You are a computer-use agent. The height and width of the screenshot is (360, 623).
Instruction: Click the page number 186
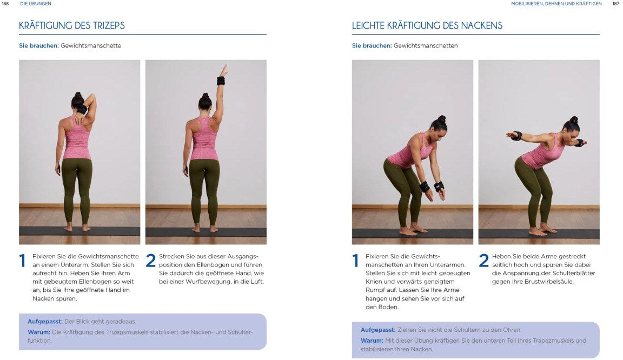(x=5, y=4)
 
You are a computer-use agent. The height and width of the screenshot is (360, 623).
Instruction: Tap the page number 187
(x=616, y=4)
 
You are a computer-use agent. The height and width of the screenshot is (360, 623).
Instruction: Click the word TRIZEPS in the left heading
(x=109, y=26)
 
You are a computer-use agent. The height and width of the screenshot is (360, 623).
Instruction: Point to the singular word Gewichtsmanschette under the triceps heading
(x=91, y=46)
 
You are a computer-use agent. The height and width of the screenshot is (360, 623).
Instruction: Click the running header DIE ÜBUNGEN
(x=35, y=4)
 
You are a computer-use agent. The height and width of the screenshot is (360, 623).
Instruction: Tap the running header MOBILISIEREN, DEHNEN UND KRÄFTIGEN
(x=556, y=4)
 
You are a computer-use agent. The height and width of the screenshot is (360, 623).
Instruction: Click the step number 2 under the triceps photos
(x=150, y=261)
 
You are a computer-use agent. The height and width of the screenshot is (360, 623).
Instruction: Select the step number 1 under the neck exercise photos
(x=356, y=261)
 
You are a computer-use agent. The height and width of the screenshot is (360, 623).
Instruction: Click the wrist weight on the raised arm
(x=221, y=81)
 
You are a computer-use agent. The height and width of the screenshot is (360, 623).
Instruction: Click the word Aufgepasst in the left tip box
(x=45, y=322)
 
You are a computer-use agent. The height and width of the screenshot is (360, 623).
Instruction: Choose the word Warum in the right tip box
(x=372, y=341)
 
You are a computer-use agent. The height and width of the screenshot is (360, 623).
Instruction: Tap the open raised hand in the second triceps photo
(x=224, y=70)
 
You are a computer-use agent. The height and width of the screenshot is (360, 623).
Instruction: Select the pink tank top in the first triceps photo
(x=77, y=138)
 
